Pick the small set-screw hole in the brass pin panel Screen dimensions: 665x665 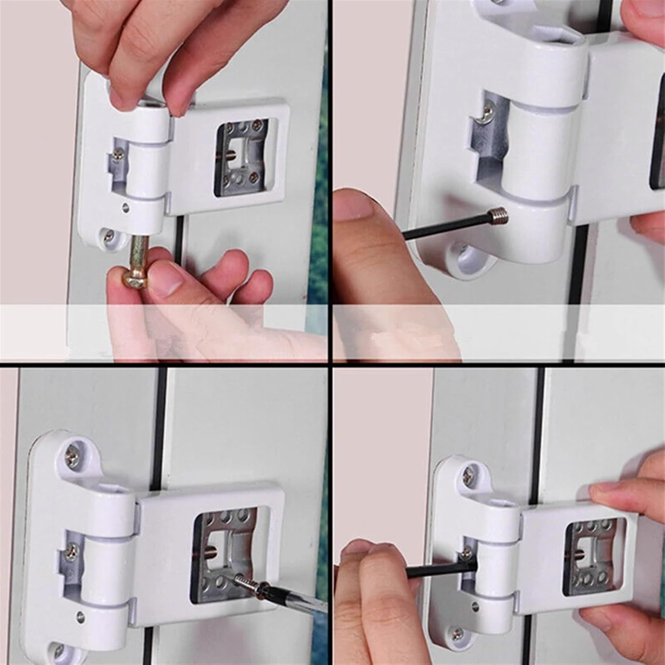(127, 206)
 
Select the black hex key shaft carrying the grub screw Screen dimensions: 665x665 (443, 226)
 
